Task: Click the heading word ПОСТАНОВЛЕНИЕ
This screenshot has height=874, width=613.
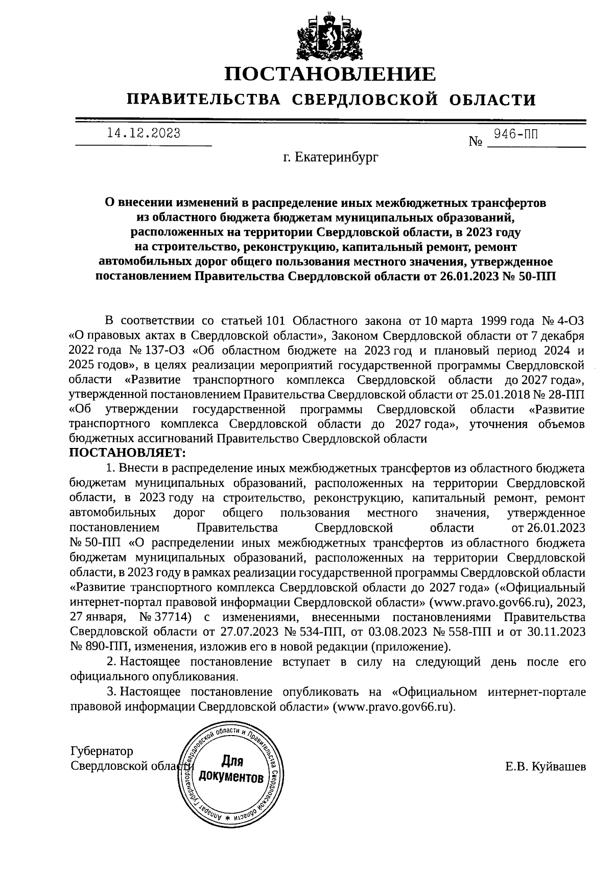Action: click(331, 75)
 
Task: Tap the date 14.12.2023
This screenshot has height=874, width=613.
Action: click(144, 133)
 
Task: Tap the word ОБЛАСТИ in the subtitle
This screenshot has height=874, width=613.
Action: click(494, 100)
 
